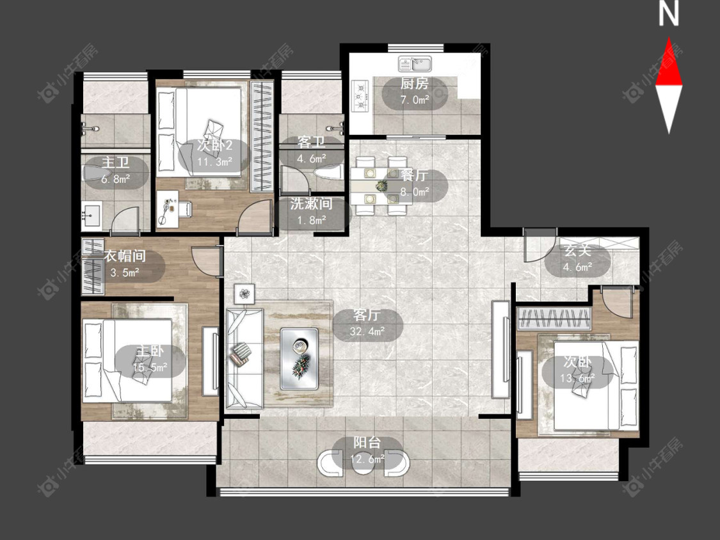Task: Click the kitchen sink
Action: [x=415, y=64]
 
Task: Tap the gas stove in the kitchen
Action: [x=361, y=95]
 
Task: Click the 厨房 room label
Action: [x=415, y=84]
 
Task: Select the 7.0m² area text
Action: [x=415, y=100]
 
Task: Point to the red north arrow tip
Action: [x=669, y=38]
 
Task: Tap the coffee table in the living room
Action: [x=300, y=359]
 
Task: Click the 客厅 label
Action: [x=367, y=315]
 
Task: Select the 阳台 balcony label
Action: [x=367, y=443]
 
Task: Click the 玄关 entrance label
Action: [x=577, y=251]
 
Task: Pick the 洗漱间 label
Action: [x=311, y=204]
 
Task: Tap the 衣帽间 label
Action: [x=125, y=256]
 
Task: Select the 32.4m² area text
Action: [x=367, y=331]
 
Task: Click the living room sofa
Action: [x=244, y=358]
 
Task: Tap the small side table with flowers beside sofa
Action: [x=244, y=294]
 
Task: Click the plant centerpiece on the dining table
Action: [x=381, y=186]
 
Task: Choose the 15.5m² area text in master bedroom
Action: [x=150, y=368]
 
